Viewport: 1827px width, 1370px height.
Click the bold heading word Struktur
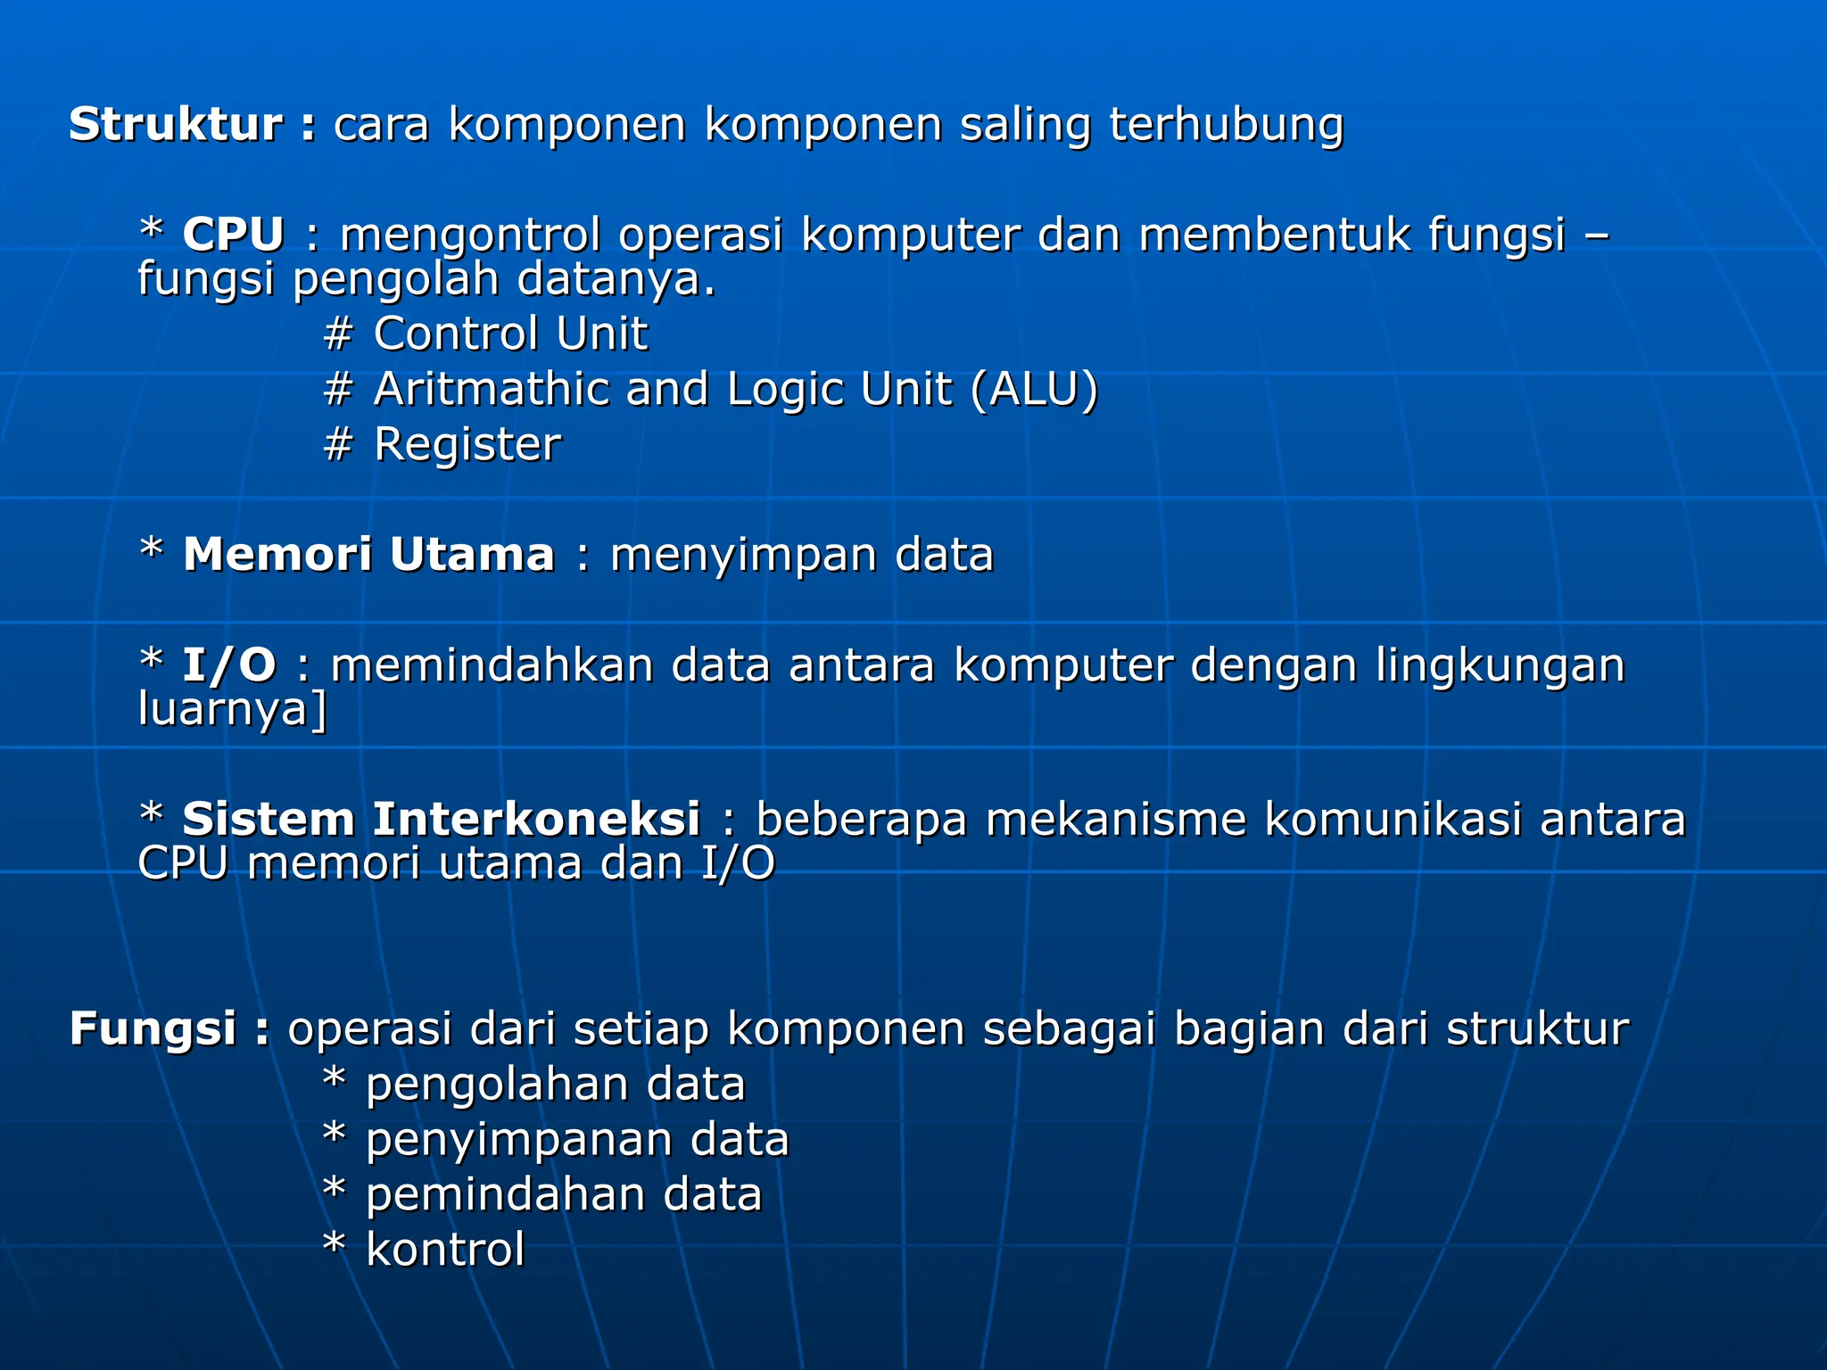177,124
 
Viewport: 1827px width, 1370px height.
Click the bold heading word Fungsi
153,1028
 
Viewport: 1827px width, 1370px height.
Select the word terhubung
1226,124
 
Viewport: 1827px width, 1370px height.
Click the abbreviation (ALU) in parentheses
1034,390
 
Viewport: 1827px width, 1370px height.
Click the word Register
467,445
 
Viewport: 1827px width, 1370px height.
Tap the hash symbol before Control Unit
338,334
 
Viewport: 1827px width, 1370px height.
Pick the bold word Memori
277,555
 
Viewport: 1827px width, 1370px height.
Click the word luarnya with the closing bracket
233,710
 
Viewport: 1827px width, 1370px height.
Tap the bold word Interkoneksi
535,820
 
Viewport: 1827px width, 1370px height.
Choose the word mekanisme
1115,820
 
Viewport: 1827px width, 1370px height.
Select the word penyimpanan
518,1141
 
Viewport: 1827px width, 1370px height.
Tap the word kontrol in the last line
445,1250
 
